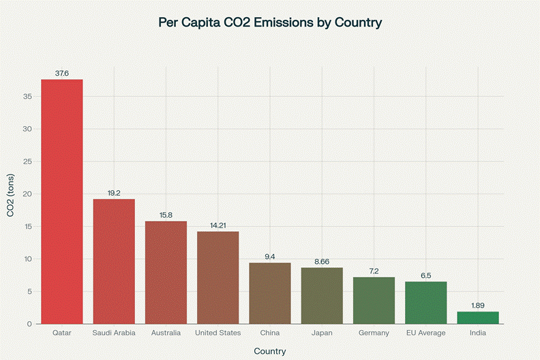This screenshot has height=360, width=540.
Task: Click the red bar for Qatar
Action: point(62,201)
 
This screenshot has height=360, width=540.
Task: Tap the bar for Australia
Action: point(166,272)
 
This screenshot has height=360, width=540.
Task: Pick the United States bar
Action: point(217,277)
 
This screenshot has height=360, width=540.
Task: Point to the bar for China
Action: point(270,293)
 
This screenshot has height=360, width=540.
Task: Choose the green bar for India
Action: point(478,318)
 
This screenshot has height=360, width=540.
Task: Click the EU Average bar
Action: point(425,303)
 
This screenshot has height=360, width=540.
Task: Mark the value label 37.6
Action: point(62,73)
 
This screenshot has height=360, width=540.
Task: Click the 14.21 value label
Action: point(217,225)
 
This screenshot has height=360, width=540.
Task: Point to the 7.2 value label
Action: point(374,271)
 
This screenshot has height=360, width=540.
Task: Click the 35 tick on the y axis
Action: point(28,96)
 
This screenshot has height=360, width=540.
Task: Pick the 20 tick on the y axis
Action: point(28,194)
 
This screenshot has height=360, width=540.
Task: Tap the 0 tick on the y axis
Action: point(30,324)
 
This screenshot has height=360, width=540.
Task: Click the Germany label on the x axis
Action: point(374,333)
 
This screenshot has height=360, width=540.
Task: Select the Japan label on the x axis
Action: point(322,333)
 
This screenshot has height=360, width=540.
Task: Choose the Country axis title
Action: point(270,351)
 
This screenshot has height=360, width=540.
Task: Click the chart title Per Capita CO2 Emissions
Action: point(270,22)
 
